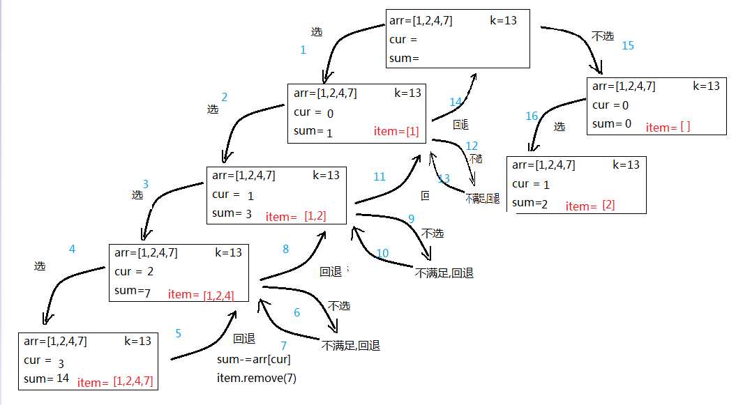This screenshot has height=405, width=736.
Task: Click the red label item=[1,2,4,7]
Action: (115, 382)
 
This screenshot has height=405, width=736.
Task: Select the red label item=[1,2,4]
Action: (201, 295)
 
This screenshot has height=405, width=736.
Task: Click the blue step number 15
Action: (628, 45)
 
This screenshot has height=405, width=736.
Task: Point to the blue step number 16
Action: (532, 116)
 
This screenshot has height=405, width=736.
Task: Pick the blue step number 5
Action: (178, 333)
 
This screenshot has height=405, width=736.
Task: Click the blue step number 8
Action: (285, 249)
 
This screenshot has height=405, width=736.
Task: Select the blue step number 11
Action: (380, 177)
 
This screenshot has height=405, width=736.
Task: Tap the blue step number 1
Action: (303, 49)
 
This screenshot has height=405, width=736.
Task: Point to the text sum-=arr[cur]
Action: (254, 360)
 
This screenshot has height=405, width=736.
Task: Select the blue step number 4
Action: (72, 249)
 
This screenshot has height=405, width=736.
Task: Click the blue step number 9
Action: (411, 218)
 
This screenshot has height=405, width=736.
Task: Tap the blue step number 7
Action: (284, 345)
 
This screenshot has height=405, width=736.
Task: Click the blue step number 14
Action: (456, 102)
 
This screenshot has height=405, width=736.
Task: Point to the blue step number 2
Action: (225, 97)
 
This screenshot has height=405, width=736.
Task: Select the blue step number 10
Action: (382, 253)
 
